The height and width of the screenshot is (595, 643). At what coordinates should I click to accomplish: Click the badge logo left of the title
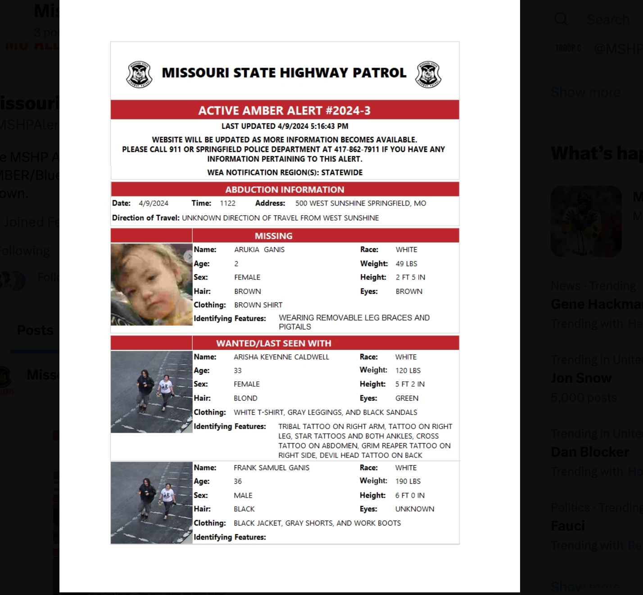pyautogui.click(x=139, y=74)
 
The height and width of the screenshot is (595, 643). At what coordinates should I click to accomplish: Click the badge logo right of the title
pyautogui.click(x=428, y=74)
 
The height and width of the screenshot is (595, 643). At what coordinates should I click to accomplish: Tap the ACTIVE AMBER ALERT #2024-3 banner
pyautogui.click(x=285, y=110)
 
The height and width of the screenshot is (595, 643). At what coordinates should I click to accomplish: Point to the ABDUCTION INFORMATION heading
pyautogui.click(x=285, y=190)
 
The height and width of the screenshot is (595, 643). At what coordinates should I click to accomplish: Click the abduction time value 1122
pyautogui.click(x=227, y=203)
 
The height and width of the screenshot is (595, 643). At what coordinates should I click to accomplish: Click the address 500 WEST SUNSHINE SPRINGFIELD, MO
pyautogui.click(x=360, y=203)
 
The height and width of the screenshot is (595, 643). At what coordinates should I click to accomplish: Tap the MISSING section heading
pyautogui.click(x=273, y=236)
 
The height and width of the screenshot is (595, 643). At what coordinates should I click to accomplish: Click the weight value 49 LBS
pyautogui.click(x=406, y=264)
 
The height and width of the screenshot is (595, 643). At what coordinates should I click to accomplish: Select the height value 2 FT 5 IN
pyautogui.click(x=410, y=277)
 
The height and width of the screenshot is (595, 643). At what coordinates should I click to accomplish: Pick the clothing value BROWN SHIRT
pyautogui.click(x=258, y=305)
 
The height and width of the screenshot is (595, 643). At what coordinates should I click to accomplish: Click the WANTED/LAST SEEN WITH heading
pyautogui.click(x=273, y=343)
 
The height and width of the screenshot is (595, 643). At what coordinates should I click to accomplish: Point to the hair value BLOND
pyautogui.click(x=245, y=398)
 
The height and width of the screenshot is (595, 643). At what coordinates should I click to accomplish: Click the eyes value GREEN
pyautogui.click(x=407, y=398)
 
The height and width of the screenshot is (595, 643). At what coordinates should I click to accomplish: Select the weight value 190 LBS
pyautogui.click(x=408, y=481)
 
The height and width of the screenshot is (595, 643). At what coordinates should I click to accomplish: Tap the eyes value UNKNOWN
pyautogui.click(x=415, y=509)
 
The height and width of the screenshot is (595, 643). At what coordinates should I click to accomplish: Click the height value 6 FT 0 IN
pyautogui.click(x=410, y=495)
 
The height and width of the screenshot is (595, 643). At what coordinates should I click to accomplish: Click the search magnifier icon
pyautogui.click(x=561, y=19)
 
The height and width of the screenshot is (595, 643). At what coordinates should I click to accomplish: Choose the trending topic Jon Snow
pyautogui.click(x=581, y=378)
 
